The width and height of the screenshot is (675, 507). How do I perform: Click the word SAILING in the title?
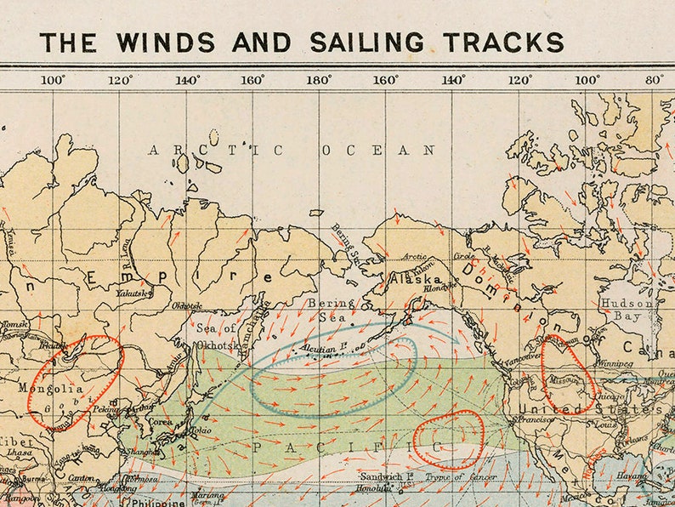[x=366, y=42]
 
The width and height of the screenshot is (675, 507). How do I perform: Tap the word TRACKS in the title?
[x=499, y=42]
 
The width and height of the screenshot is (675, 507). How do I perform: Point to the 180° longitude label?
[x=319, y=80]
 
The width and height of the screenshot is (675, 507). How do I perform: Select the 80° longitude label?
[x=654, y=80]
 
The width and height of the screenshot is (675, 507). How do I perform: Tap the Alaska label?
[x=415, y=279]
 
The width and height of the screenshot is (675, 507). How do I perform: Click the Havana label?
[x=632, y=477]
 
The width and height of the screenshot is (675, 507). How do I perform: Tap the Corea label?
[x=162, y=420]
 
